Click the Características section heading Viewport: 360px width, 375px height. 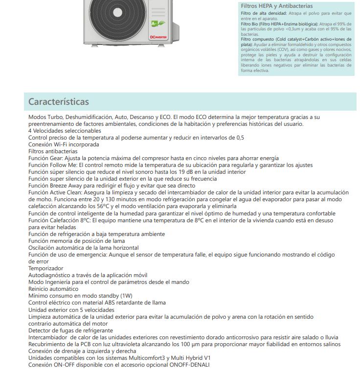[58, 102]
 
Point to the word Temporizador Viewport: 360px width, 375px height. [45, 268]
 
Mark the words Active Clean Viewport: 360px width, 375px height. [66, 192]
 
